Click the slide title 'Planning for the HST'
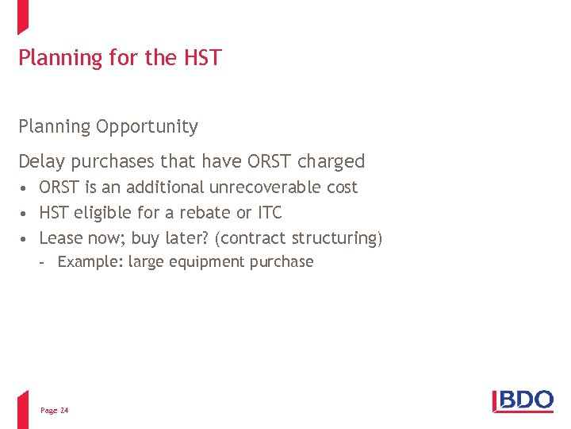point(120,58)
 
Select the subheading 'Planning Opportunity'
point(108,126)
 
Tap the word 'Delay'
point(42,161)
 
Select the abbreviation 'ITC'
point(270,213)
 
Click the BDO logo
point(523,400)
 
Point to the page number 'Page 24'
point(55,411)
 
